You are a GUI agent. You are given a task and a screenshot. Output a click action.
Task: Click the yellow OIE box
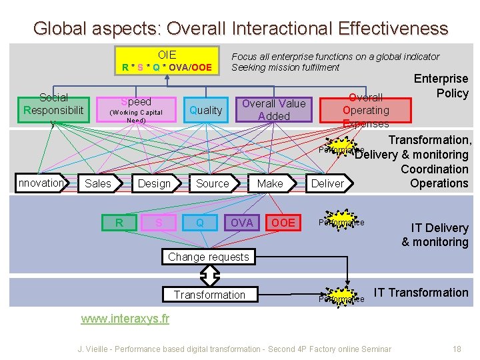(x=167, y=60)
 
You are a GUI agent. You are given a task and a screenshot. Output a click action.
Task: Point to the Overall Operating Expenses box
(x=365, y=110)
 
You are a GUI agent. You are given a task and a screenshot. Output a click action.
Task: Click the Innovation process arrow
(x=41, y=183)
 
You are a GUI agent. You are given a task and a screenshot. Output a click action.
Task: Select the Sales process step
(x=99, y=183)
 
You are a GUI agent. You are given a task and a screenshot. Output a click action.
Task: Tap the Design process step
(x=154, y=183)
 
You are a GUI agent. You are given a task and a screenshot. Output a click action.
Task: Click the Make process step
(x=269, y=183)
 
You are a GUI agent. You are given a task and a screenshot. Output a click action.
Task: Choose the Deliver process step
(x=328, y=183)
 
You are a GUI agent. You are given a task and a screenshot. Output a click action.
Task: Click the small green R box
(x=119, y=223)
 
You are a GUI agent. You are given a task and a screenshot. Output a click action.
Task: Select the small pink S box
(x=159, y=223)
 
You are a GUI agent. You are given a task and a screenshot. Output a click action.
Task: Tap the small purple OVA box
(x=241, y=223)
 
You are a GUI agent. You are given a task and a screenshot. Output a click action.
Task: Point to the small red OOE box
(x=283, y=223)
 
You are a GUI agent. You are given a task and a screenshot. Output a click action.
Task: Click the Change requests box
(x=208, y=257)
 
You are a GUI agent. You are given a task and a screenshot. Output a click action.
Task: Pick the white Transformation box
(x=209, y=295)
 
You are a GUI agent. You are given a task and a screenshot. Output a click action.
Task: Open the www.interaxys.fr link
(x=125, y=319)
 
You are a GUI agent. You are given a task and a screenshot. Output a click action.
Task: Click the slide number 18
(x=457, y=349)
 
